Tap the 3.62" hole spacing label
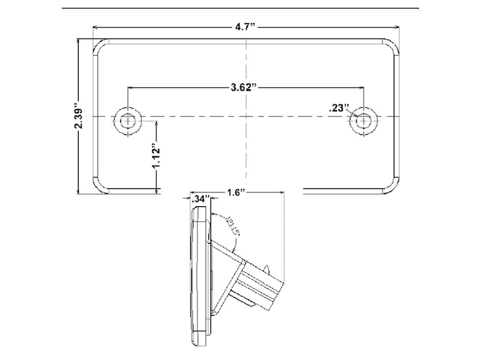click(x=245, y=88)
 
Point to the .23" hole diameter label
click(x=340, y=108)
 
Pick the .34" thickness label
click(x=201, y=197)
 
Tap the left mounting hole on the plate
click(x=128, y=121)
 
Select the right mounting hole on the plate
click(x=363, y=121)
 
